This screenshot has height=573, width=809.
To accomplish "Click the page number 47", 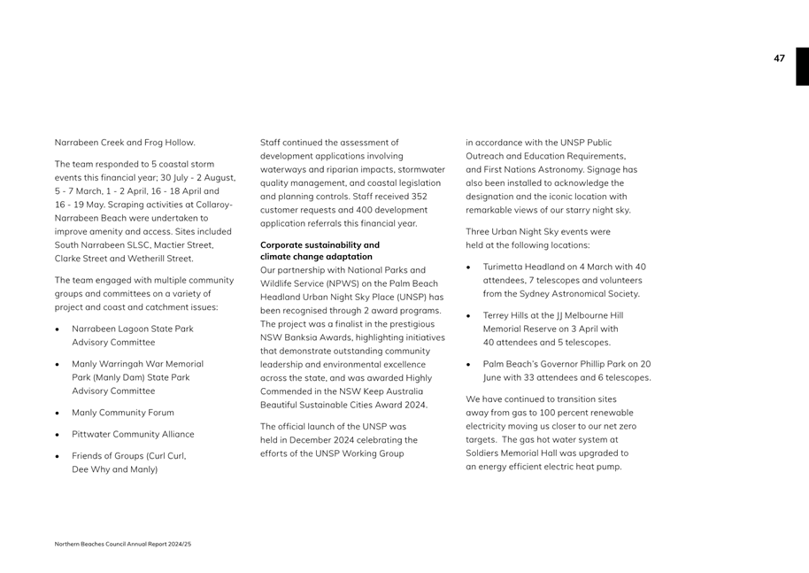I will (779, 58).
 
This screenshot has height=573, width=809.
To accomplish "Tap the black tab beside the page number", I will (802, 66).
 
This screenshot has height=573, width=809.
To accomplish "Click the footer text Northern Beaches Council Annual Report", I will (123, 543).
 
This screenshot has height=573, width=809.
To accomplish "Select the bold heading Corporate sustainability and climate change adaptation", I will (320, 251).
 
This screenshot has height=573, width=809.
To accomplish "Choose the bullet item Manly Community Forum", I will (122, 413).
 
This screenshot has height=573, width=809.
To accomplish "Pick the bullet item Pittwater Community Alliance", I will (132, 435).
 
